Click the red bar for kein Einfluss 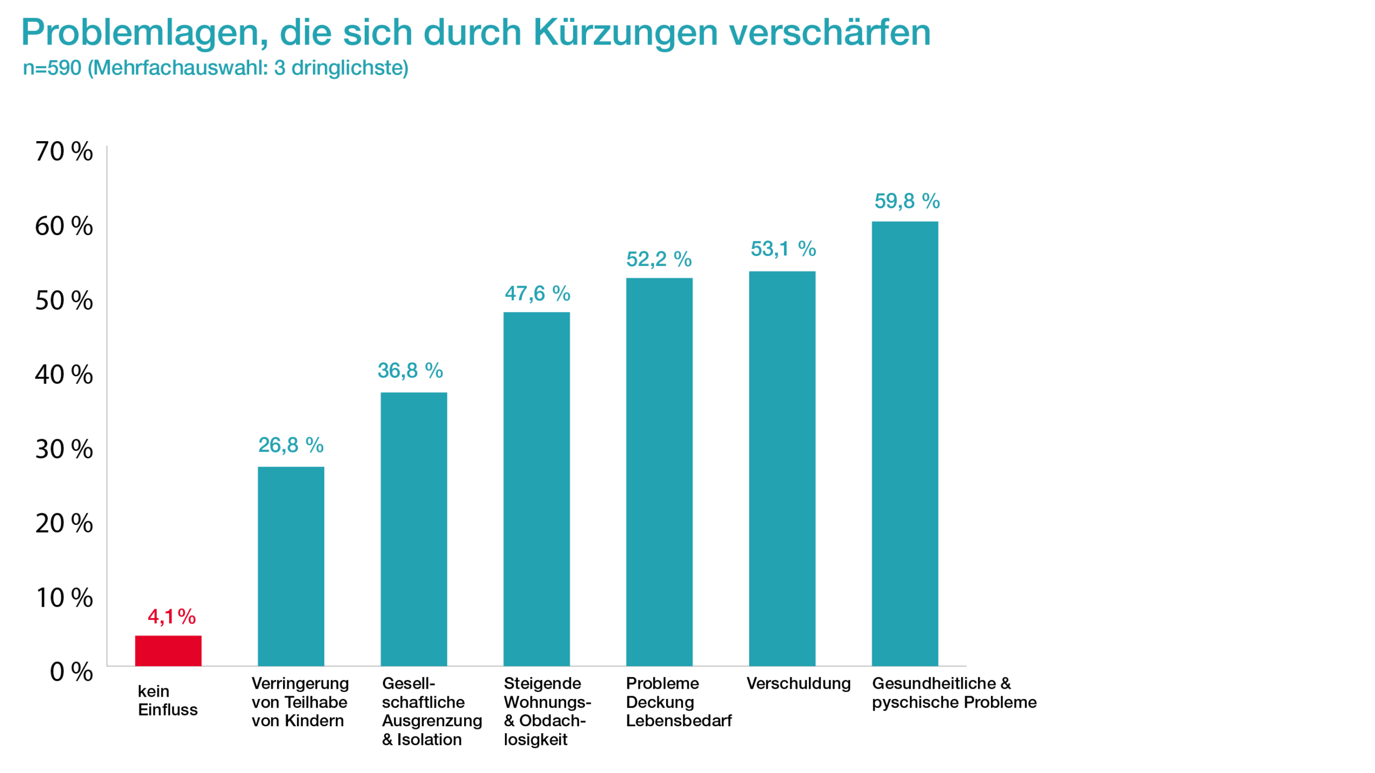pos(168,650)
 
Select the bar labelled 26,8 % pos(291,566)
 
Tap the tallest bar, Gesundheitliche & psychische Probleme pos(904,443)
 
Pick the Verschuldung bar pos(782,468)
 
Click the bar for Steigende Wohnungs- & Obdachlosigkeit pos(536,488)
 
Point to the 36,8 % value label pos(410,370)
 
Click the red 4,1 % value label pos(171,616)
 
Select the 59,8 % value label pos(907,201)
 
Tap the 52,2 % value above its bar pos(658,259)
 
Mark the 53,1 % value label pos(783,249)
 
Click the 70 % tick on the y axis pos(64,151)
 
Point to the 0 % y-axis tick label pos(71,672)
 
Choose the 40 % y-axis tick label pos(64,374)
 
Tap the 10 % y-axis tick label pos(64,597)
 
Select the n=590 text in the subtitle pos(52,68)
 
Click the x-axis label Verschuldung pos(798,683)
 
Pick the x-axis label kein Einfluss pos(167,700)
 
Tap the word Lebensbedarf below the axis pos(678,720)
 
